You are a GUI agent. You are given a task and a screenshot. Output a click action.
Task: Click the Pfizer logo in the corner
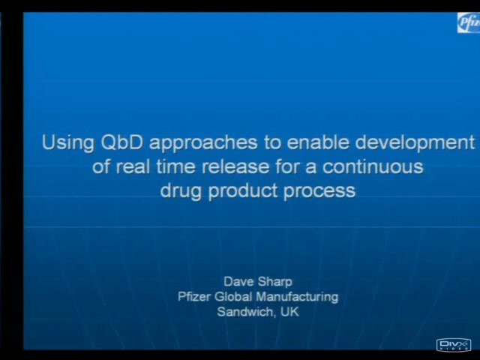[469, 22]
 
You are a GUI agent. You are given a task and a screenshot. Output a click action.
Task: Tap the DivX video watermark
[454, 345]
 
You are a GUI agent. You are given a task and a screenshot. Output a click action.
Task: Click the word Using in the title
[68, 143]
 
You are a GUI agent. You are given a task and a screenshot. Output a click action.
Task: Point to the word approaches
[203, 143]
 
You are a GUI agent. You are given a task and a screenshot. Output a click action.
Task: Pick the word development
[415, 143]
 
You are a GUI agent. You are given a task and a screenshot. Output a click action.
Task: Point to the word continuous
[373, 167]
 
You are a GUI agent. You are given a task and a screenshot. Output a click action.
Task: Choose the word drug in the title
[181, 191]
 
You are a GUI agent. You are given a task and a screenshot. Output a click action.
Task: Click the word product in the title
[243, 191]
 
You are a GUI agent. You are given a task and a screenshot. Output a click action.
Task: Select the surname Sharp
[275, 282]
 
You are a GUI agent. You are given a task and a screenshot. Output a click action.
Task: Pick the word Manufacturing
[297, 297]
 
